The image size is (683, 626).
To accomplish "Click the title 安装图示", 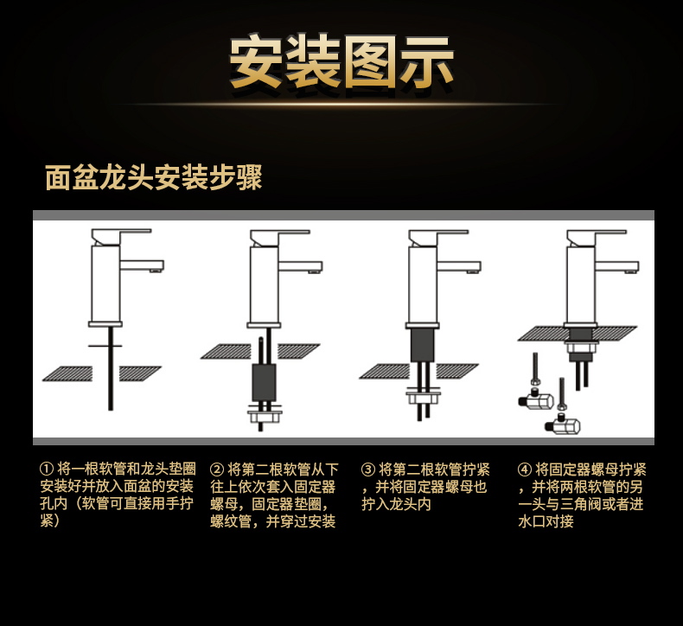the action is [x=341, y=63].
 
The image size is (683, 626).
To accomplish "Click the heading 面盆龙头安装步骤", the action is [x=154, y=177].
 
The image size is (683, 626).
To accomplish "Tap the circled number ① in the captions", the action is [x=47, y=469].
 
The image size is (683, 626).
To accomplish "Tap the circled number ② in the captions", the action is [x=217, y=469].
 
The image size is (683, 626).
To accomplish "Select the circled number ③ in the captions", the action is [x=368, y=469].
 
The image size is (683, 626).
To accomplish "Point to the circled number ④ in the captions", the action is [x=524, y=469].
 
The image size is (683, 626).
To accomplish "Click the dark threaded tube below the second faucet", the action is [x=264, y=381].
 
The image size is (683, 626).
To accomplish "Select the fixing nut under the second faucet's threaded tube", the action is [x=265, y=416].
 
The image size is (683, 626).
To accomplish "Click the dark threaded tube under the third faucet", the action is [x=423, y=345].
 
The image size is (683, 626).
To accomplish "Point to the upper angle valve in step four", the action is [x=538, y=399].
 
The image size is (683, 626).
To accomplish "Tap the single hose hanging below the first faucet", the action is [x=111, y=372].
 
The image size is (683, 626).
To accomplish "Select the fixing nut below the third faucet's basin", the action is [x=424, y=397].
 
